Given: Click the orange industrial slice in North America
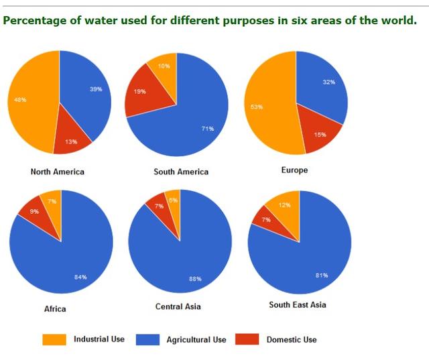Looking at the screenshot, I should pos(30,101).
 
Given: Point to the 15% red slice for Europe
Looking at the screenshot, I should pos(318,132).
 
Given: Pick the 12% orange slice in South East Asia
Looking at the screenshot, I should pos(284,206).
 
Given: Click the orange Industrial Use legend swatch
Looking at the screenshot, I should pos(54,339).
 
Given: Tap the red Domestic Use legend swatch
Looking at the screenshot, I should pos(247,339).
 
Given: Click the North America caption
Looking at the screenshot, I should pos(58,172).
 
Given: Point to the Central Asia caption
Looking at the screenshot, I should pos(178,306).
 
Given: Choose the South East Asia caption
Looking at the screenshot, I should pos(298,304).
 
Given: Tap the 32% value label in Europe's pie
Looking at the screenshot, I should pos(328,82).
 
